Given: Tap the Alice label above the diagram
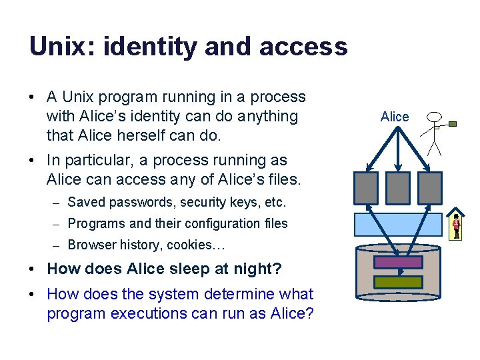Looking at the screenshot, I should pyautogui.click(x=395, y=117).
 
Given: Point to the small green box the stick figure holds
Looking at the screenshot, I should pyautogui.click(x=453, y=124).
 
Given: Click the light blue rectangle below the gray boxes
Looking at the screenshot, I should pyautogui.click(x=398, y=224).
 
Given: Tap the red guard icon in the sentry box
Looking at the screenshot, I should pyautogui.click(x=457, y=225).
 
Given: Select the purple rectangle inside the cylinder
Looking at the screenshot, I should pyautogui.click(x=398, y=262).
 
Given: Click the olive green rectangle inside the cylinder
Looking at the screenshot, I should pyautogui.click(x=398, y=282).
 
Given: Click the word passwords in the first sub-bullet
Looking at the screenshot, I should pyautogui.click(x=129, y=202).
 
